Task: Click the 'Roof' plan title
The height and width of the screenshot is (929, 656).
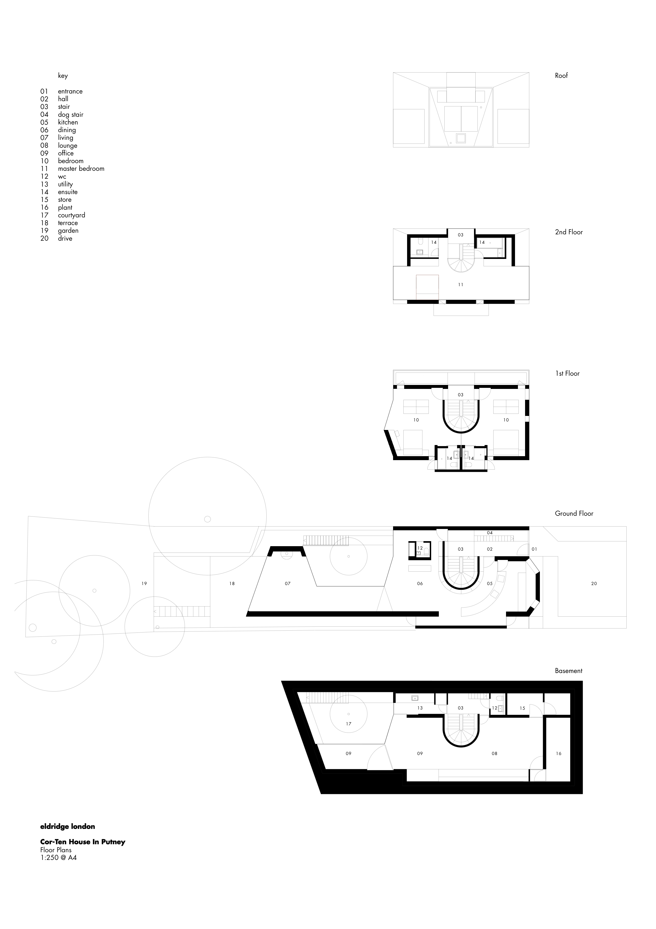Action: [561, 76]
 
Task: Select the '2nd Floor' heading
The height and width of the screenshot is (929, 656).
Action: [569, 232]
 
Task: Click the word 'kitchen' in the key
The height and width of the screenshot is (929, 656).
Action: [68, 122]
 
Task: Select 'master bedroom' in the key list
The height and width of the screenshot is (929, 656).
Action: [81, 169]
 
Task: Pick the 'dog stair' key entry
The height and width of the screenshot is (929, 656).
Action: [70, 115]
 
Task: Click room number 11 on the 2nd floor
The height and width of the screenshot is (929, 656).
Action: [461, 285]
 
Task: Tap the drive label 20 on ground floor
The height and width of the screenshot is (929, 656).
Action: [594, 584]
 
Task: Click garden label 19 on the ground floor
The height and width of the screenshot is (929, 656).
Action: [144, 584]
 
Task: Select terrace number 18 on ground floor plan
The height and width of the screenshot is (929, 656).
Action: [232, 584]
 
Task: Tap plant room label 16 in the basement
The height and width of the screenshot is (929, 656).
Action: [559, 753]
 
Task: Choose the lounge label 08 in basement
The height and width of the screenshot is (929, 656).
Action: [494, 753]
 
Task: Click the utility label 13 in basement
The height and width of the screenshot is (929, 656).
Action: [420, 708]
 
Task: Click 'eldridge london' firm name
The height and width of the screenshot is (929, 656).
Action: [67, 827]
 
